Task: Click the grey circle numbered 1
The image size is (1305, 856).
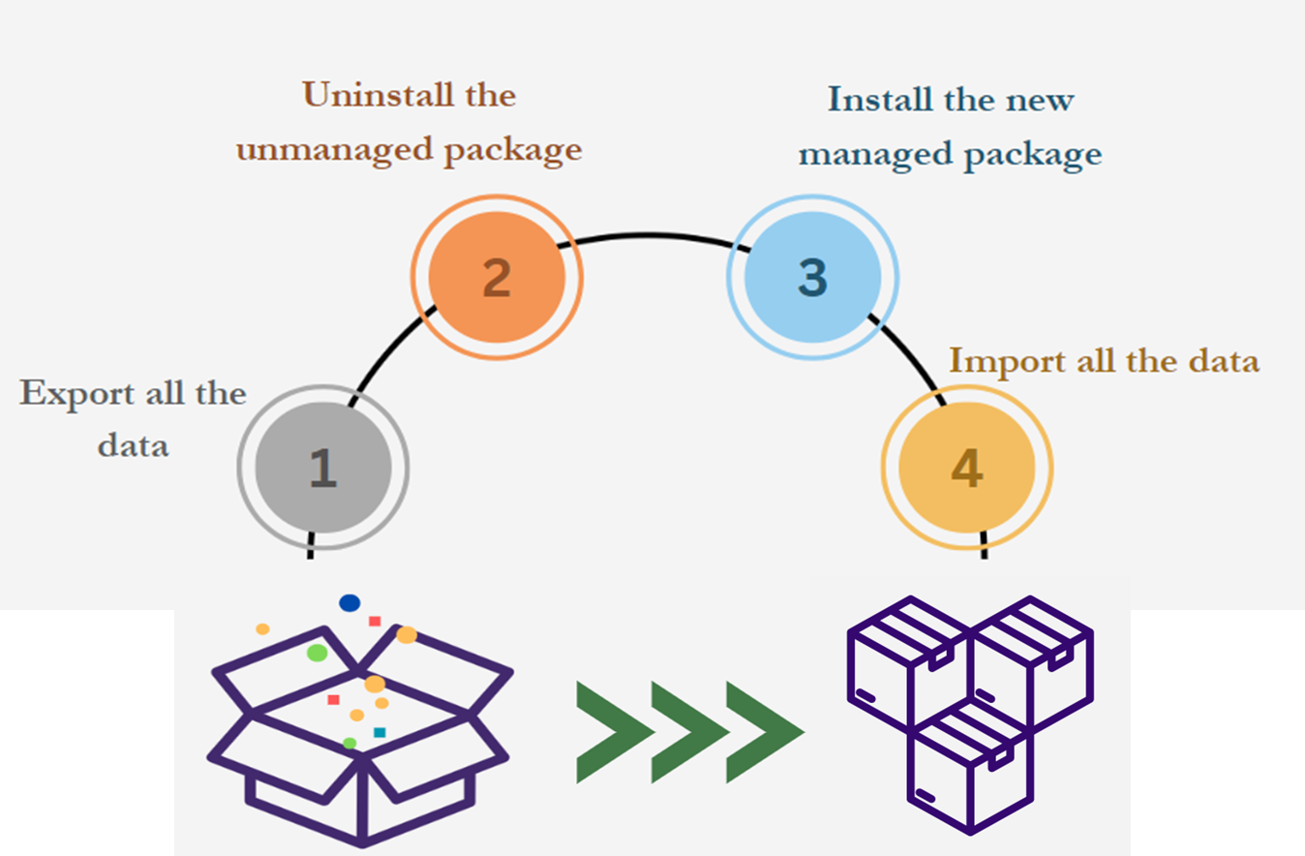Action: tap(322, 468)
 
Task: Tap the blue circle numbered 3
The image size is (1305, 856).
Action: tap(812, 276)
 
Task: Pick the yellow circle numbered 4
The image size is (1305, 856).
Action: tap(966, 469)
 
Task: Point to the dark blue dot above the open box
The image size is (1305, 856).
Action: tap(349, 603)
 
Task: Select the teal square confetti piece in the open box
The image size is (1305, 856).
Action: tap(379, 732)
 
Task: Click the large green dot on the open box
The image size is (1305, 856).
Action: tap(317, 653)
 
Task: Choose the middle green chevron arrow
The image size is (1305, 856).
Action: tap(689, 732)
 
